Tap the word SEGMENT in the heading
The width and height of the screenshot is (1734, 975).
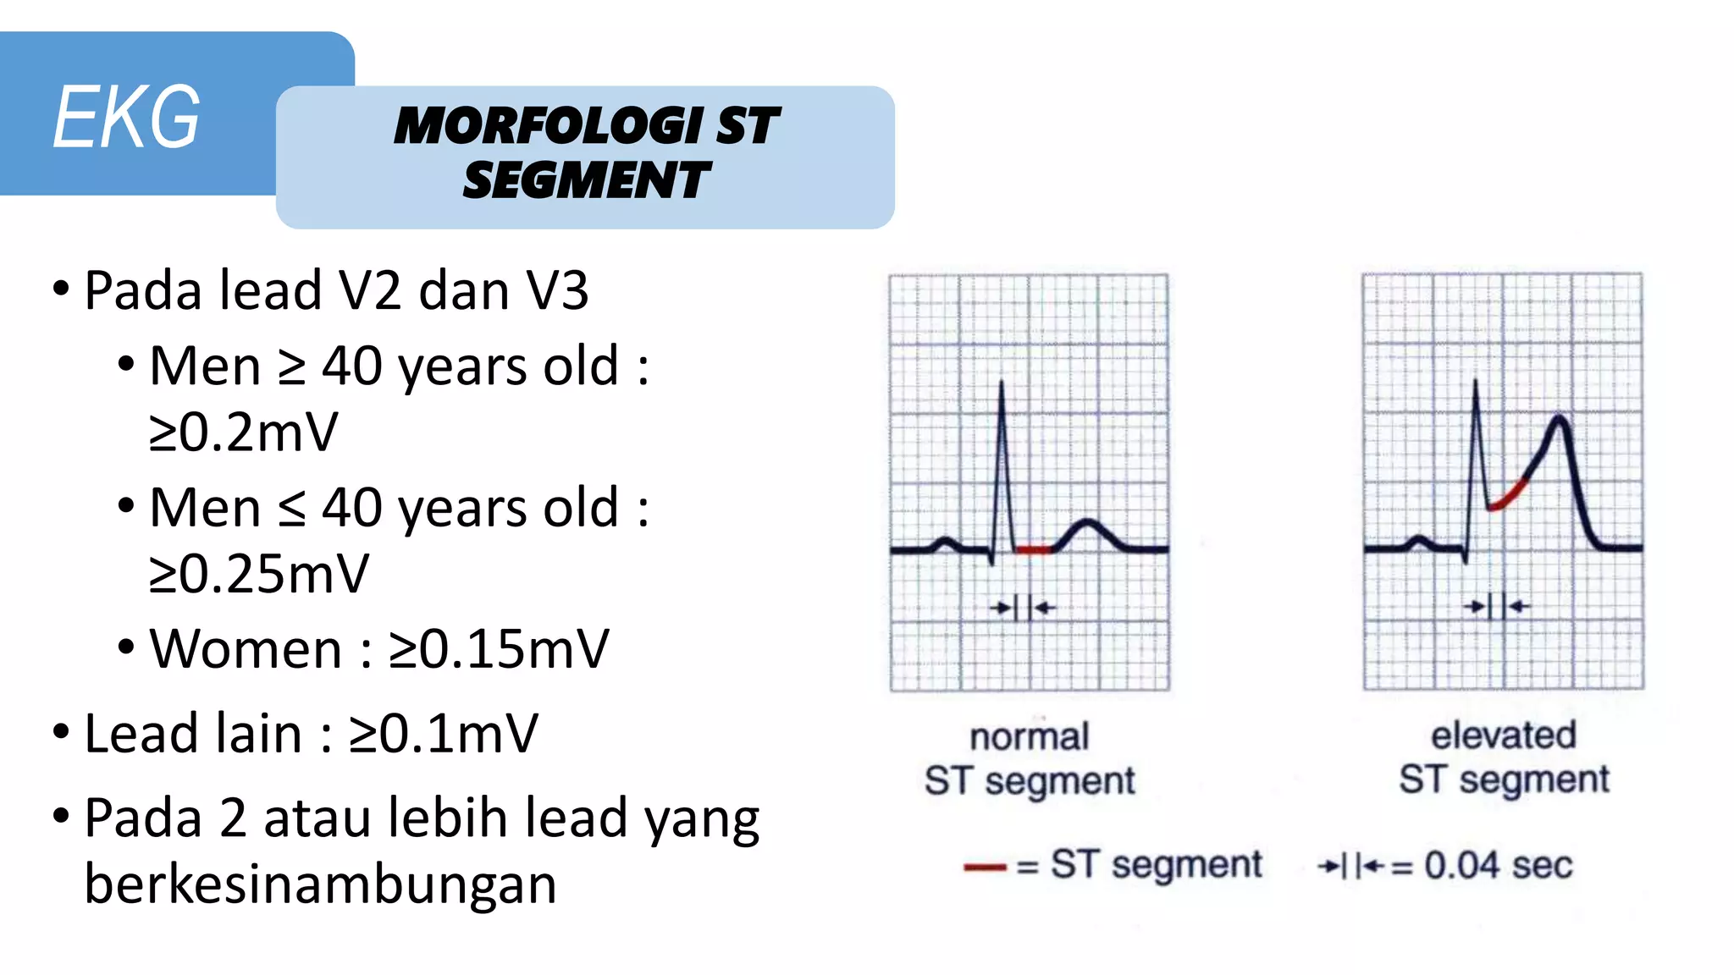586,180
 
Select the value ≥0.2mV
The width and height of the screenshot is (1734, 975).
243,432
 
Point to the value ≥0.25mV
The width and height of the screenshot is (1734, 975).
259,574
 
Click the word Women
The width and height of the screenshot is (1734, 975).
246,649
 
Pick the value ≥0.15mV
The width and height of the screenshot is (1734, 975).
499,649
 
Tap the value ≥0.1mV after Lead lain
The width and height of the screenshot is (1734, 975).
444,734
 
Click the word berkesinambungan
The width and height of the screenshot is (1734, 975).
320,884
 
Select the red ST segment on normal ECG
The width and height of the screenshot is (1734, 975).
1033,550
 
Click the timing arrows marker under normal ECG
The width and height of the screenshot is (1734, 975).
1023,607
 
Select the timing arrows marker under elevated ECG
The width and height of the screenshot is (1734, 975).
1497,606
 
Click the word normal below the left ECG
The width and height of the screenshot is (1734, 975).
1029,737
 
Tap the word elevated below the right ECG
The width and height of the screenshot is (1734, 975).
1503,735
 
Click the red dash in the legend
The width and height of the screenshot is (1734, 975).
984,867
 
